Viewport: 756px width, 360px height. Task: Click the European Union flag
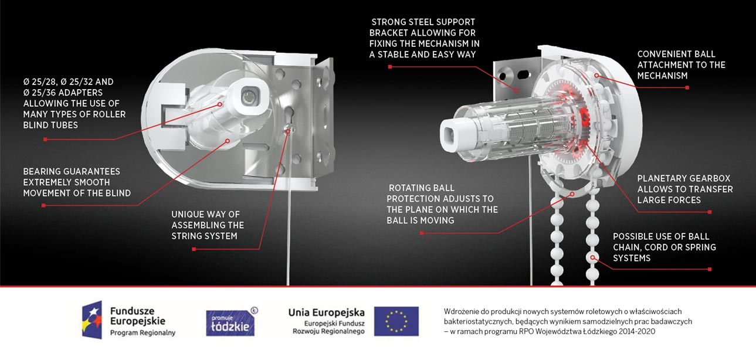click(x=396, y=321)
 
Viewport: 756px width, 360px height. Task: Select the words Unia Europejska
click(x=326, y=312)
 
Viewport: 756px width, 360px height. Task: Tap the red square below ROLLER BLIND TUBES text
click(x=45, y=140)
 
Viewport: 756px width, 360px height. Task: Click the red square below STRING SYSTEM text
click(x=194, y=249)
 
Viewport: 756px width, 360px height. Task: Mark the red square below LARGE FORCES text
click(x=710, y=212)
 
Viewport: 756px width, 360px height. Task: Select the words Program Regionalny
click(x=143, y=333)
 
